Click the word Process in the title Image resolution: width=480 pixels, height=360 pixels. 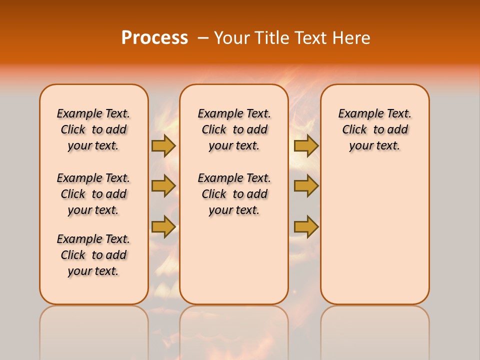coord(154,38)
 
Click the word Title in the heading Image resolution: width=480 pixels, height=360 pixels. coord(272,38)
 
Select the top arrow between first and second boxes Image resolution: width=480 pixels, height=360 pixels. coord(163,145)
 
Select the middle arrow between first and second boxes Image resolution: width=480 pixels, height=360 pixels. coord(163,186)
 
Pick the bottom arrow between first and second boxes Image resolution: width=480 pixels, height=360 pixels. coord(163,226)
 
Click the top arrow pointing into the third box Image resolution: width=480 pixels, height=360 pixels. coord(306,145)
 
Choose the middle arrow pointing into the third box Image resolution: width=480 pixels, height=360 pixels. coord(306,186)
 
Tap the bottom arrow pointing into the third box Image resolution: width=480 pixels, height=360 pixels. coord(306,226)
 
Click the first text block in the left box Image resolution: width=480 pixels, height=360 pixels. coord(93,129)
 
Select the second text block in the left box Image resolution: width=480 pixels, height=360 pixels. coord(93,194)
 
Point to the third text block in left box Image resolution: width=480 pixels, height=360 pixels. coord(93,255)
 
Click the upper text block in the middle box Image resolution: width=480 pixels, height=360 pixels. coord(234,129)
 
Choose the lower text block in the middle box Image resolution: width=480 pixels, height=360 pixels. coord(234,194)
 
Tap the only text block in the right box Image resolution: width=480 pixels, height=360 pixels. coord(374,129)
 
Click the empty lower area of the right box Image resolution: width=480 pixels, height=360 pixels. coord(374,235)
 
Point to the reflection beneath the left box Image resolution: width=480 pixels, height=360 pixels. coord(93,330)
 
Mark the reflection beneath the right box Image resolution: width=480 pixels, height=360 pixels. coord(374,330)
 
